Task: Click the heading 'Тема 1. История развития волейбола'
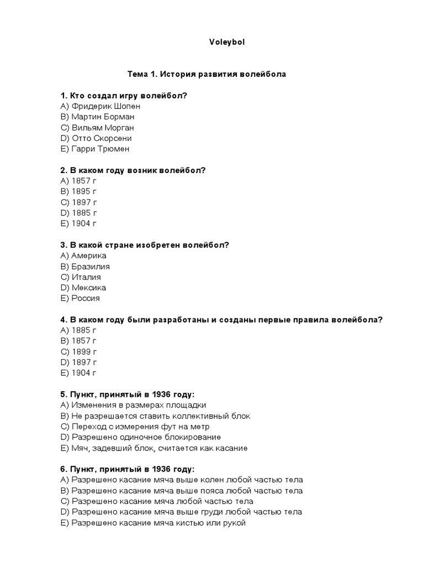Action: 207,74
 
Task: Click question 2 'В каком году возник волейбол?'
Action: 133,170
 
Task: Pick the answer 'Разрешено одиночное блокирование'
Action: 139,437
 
